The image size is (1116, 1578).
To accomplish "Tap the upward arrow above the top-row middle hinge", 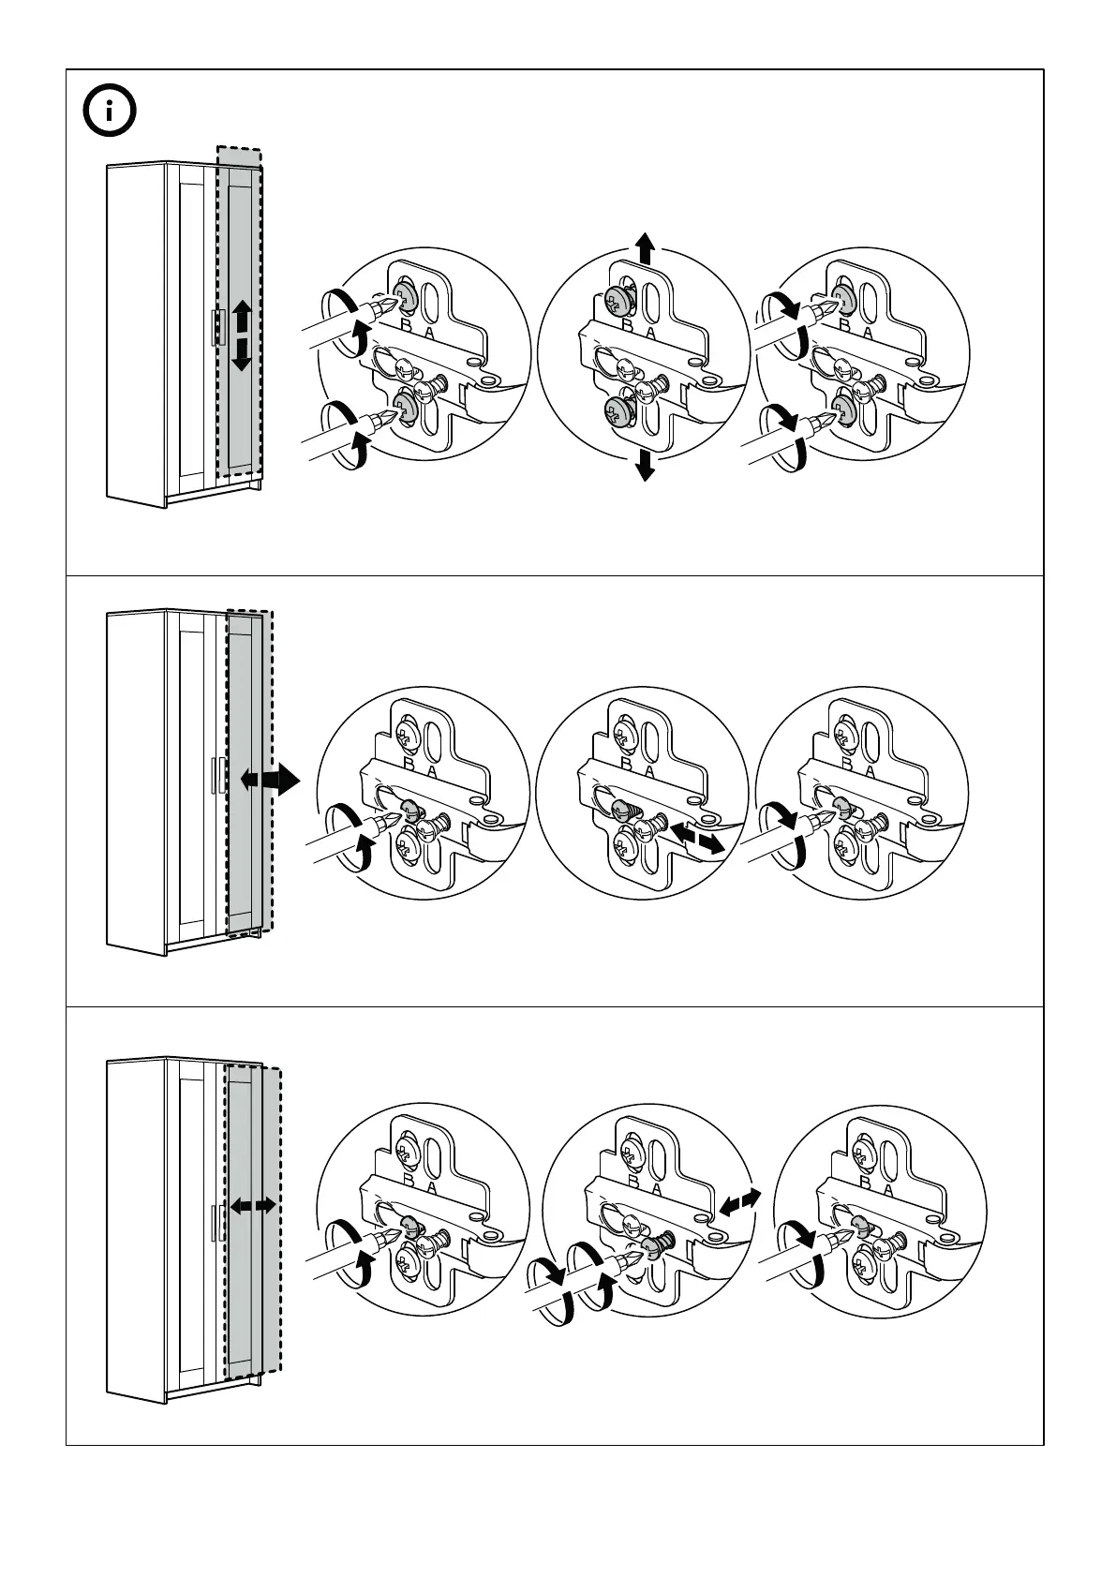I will coord(645,248).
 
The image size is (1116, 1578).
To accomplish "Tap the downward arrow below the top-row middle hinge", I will coord(645,464).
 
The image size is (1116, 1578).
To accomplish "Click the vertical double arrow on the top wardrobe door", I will coord(242,335).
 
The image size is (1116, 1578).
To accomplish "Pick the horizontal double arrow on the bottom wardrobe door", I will coord(253,1205).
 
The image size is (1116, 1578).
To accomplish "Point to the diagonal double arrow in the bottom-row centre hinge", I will coord(739,1200).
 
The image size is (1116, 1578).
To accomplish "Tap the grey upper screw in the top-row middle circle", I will coord(617,301).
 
